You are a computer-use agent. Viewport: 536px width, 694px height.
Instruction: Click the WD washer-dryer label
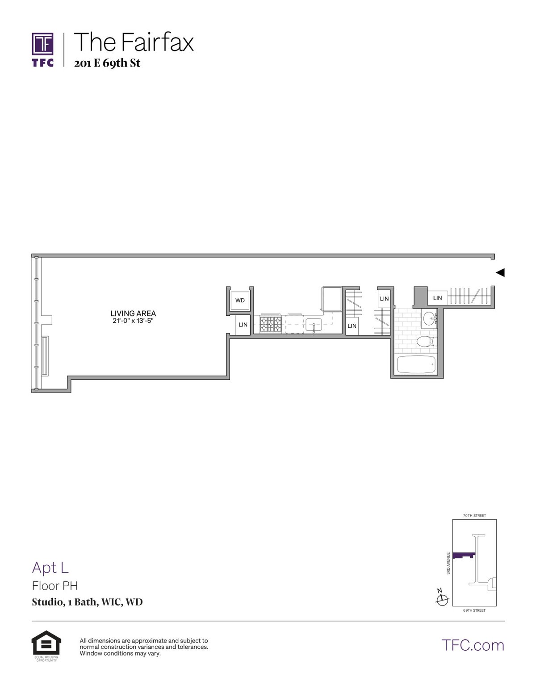[x=240, y=300]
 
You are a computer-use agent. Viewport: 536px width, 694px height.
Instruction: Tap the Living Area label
[x=133, y=313]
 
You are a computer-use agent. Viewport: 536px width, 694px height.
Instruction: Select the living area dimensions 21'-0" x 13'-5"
[x=133, y=321]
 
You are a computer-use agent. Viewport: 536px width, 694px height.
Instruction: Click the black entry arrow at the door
[x=500, y=272]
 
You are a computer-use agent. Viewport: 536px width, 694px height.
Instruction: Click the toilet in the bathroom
[x=426, y=342]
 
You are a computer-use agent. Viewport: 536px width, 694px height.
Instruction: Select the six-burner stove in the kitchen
[x=271, y=324]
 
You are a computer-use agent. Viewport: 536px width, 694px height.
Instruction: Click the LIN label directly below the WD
[x=243, y=325]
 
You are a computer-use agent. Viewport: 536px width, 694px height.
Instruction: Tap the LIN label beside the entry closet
[x=437, y=298]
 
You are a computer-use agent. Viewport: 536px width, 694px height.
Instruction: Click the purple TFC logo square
[x=43, y=43]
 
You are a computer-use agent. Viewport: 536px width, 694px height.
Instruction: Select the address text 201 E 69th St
[x=107, y=63]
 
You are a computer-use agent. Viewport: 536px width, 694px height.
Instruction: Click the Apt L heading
[x=50, y=567]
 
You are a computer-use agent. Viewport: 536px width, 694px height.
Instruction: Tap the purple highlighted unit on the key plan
[x=463, y=555]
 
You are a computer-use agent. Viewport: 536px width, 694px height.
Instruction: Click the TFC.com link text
[x=473, y=645]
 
